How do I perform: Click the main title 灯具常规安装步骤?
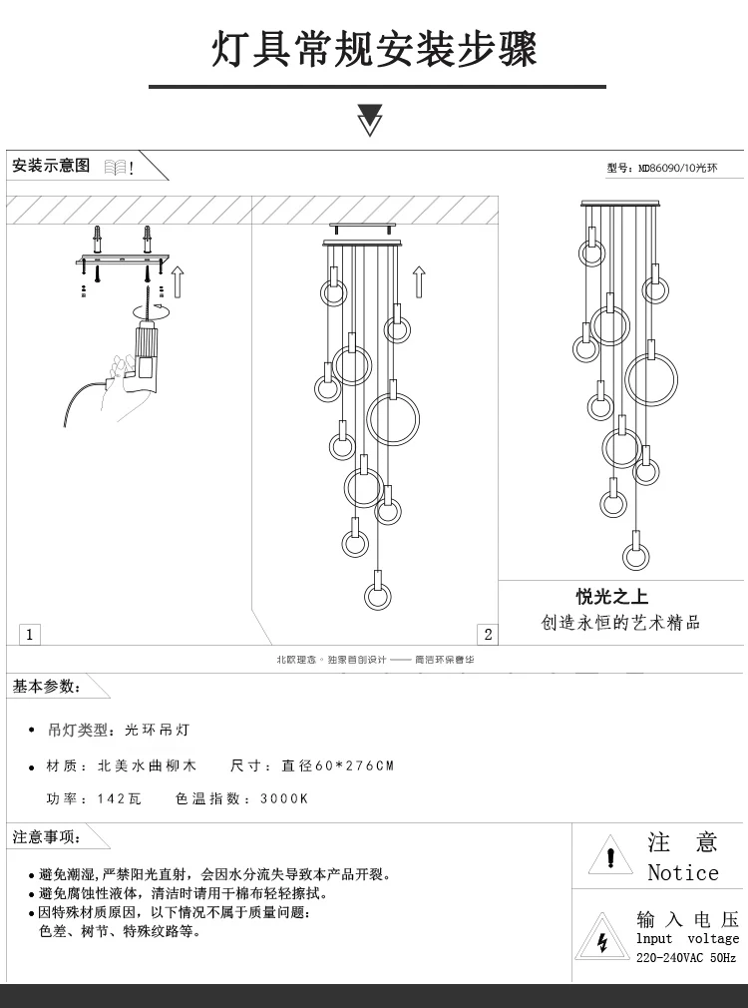[x=374, y=49]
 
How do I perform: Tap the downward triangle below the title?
[x=370, y=120]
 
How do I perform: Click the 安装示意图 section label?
[x=51, y=166]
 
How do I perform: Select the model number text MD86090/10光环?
[x=677, y=169]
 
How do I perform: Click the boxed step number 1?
[x=30, y=634]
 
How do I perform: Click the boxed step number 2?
[x=487, y=634]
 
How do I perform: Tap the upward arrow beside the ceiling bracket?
[x=179, y=281]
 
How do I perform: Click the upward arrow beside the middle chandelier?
[x=419, y=282]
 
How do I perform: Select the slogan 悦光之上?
[x=611, y=597]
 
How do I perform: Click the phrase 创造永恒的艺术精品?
[x=620, y=623]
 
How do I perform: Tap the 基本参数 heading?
[x=46, y=687]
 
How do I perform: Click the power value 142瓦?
[x=119, y=799]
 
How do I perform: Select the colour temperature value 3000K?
[x=284, y=799]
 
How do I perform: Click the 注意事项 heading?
[x=46, y=836]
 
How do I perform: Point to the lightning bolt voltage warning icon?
[x=601, y=940]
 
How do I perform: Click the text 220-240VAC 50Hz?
[x=686, y=958]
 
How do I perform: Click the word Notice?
[x=683, y=873]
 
